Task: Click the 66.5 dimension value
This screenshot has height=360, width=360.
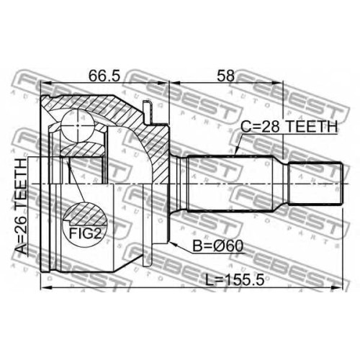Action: [x=104, y=76]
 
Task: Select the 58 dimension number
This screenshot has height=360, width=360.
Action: [x=225, y=76]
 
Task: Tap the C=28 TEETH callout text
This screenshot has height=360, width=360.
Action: [x=289, y=126]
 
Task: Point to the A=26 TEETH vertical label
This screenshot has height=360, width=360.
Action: [x=20, y=207]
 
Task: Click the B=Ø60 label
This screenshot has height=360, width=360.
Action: [x=218, y=246]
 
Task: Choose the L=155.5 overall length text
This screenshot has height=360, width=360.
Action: [x=235, y=280]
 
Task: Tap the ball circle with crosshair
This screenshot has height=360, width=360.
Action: [x=78, y=125]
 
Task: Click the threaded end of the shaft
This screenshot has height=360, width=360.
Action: [x=315, y=184]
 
